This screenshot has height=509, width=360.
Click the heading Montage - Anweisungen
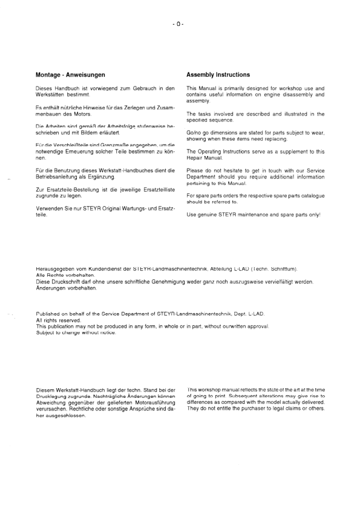(x=71, y=75)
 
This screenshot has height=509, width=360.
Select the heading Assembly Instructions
(x=218, y=75)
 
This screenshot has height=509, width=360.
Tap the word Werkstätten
(x=51, y=95)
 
